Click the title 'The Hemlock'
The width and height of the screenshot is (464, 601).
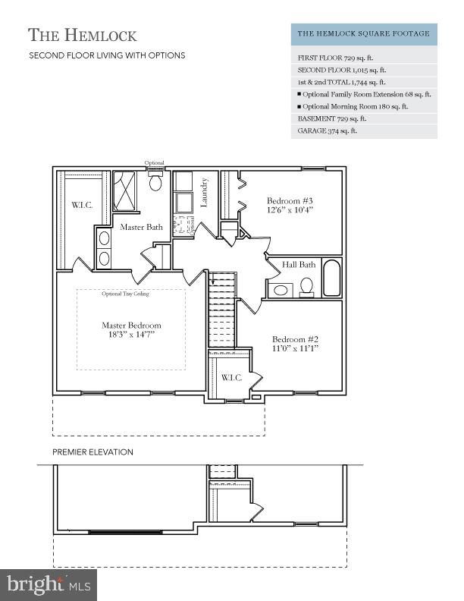tap(83, 35)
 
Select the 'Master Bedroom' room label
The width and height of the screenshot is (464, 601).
tap(131, 330)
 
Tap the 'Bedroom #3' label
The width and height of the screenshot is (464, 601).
tap(290, 205)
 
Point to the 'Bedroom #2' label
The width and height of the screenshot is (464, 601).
tap(295, 344)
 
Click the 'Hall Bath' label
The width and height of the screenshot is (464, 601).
tap(299, 265)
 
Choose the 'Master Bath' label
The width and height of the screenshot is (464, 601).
tap(141, 227)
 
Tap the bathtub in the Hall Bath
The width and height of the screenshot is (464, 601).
tap(332, 278)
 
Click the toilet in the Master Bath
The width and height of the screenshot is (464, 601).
tap(155, 182)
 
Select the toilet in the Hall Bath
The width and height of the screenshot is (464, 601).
tap(307, 286)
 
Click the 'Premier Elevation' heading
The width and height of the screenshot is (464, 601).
tap(92, 452)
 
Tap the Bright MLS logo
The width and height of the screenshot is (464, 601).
tap(49, 585)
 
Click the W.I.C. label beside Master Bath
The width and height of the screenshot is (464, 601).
tap(82, 206)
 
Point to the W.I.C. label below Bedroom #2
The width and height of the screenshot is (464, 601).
tap(230, 377)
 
